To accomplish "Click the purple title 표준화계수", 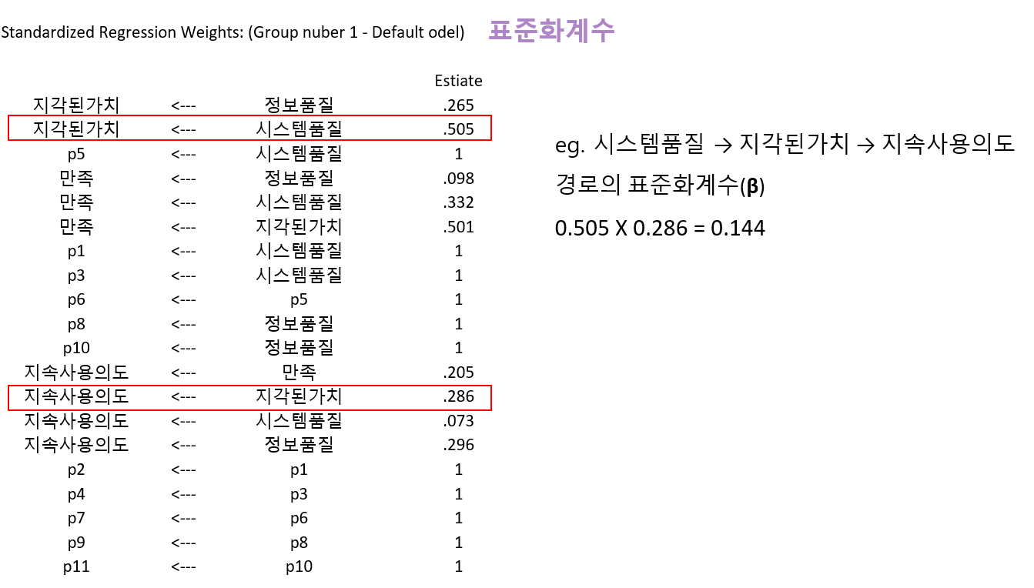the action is point(551,31).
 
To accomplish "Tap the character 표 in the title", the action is point(500,31).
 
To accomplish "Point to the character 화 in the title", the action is point(550,31).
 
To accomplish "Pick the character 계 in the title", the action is point(577,31).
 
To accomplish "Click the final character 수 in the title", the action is point(603,31).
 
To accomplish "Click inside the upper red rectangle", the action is point(249,128).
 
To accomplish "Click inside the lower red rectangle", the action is point(249,398).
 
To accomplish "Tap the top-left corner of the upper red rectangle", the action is point(8,115).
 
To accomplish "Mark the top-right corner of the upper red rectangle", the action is point(491,115).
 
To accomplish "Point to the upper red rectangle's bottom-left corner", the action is point(8,140).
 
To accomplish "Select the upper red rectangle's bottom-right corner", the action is point(491,140).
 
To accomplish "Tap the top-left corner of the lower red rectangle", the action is point(8,386).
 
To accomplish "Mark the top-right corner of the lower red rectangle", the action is point(491,386).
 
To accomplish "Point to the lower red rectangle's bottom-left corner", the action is point(8,410).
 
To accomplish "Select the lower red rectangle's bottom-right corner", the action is point(491,410).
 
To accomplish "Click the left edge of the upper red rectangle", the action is point(8,128).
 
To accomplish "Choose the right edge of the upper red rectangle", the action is point(491,128).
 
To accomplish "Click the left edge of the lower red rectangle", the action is point(8,398).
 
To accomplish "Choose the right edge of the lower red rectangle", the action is point(491,398).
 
